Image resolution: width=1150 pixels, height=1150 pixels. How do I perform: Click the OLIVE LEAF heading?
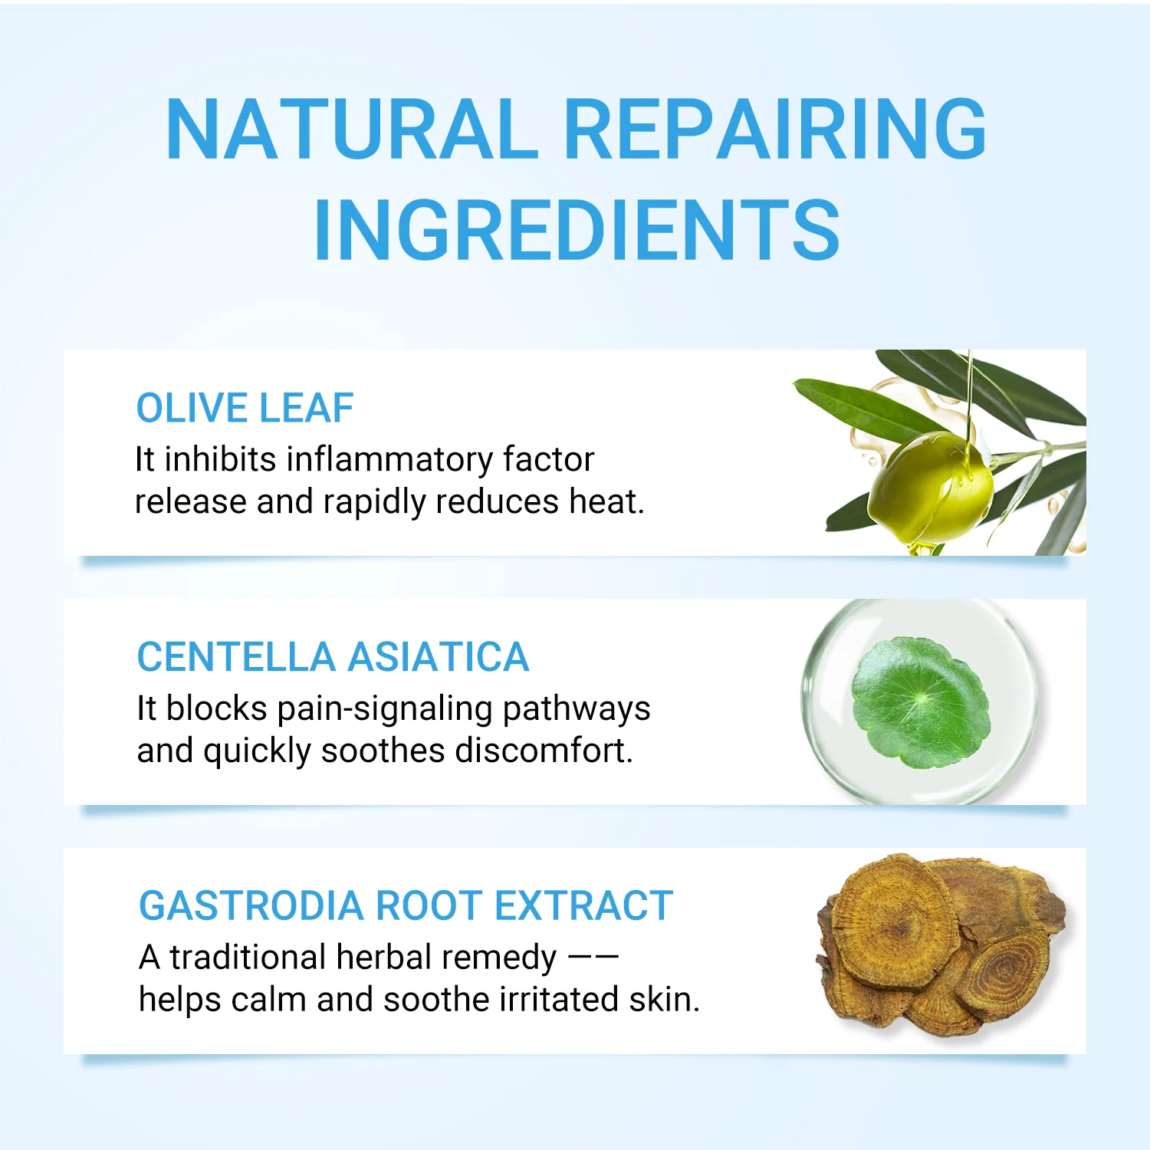click(245, 408)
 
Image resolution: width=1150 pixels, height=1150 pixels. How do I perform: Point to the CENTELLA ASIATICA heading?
click(333, 657)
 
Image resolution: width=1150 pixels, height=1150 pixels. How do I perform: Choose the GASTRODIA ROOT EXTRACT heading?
click(406, 905)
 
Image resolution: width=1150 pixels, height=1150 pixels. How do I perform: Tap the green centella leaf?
click(920, 701)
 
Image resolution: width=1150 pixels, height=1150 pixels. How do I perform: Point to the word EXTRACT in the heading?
click(584, 905)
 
